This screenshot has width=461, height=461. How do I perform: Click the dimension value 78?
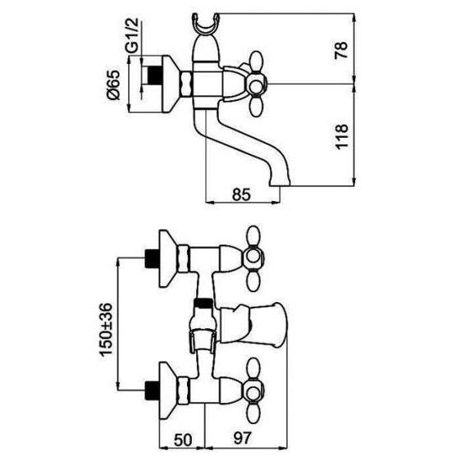tap(341, 50)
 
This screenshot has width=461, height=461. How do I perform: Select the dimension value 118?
tap(341, 137)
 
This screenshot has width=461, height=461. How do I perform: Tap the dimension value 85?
tap(241, 194)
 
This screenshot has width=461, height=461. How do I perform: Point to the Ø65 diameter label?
tap(114, 85)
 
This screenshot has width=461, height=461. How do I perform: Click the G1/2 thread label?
tap(132, 35)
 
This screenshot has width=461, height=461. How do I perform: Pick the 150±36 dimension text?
tap(106, 330)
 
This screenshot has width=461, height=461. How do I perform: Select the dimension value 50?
tap(183, 440)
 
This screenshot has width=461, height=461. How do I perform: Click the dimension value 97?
tap(243, 438)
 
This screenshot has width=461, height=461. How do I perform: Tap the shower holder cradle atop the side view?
tap(206, 25)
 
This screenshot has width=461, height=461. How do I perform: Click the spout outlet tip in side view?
tap(279, 183)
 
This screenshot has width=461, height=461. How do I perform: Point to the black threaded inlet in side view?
tap(154, 75)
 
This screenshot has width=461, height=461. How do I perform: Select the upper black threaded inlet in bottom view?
tap(153, 258)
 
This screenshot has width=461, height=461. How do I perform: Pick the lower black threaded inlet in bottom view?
tap(153, 390)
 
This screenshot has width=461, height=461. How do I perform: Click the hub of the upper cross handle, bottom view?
tap(253, 257)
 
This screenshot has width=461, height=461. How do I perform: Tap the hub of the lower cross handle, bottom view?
tap(253, 390)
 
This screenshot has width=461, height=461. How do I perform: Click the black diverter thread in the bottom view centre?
tap(203, 303)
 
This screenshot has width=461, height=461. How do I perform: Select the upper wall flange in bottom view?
tap(167, 258)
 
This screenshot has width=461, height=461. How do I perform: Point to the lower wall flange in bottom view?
tap(167, 390)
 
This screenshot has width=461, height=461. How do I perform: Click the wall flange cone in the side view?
tap(171, 84)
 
